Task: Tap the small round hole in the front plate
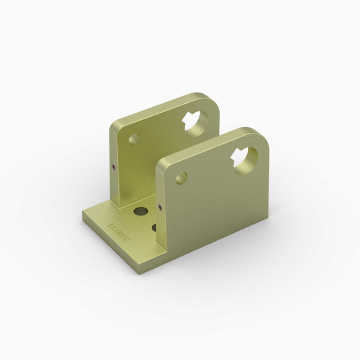(181, 179)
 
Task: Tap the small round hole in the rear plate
(134, 139)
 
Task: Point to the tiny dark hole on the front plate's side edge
(161, 209)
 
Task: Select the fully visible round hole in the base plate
(141, 212)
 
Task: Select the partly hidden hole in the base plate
(155, 227)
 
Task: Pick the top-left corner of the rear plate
(111, 124)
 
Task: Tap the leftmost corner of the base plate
(82, 213)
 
